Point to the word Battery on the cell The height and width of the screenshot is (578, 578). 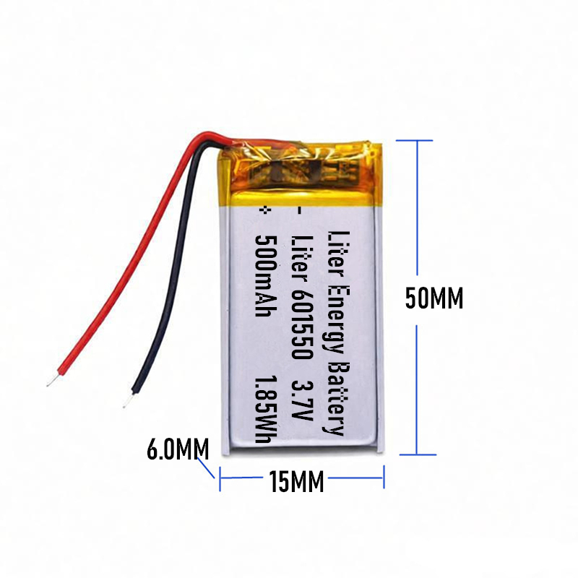click(335, 398)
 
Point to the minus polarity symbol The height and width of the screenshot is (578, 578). click(301, 210)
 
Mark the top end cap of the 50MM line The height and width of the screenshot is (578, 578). click(416, 140)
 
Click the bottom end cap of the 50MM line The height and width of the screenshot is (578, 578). click(417, 454)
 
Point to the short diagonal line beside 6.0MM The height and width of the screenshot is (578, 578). click(210, 470)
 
